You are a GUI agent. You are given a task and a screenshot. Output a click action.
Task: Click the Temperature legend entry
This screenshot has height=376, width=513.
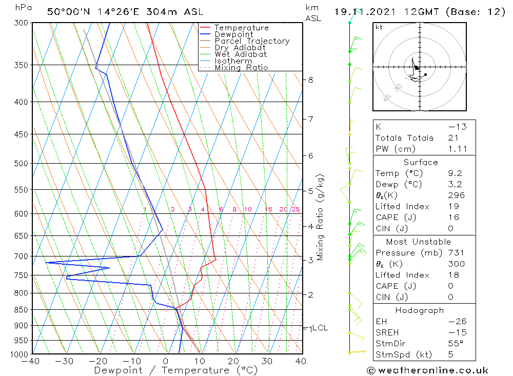(241, 28)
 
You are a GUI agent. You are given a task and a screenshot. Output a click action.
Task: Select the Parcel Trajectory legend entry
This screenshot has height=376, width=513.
(252, 41)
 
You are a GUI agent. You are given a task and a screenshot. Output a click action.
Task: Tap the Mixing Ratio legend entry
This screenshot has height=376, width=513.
(241, 68)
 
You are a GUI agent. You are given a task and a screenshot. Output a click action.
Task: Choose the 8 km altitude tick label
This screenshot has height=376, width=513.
(310, 80)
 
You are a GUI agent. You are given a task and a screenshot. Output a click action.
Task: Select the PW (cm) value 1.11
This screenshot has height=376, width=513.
(458, 149)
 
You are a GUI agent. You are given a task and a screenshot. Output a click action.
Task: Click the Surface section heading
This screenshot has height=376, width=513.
(421, 162)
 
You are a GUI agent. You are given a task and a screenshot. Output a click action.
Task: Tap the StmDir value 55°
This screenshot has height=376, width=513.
(456, 344)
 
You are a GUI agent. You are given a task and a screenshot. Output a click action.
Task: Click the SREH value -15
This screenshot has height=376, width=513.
(457, 332)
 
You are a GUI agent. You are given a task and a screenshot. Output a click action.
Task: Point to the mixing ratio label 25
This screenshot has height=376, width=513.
(295, 209)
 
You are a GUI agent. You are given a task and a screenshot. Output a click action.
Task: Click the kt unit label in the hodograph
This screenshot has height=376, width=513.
(379, 27)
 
